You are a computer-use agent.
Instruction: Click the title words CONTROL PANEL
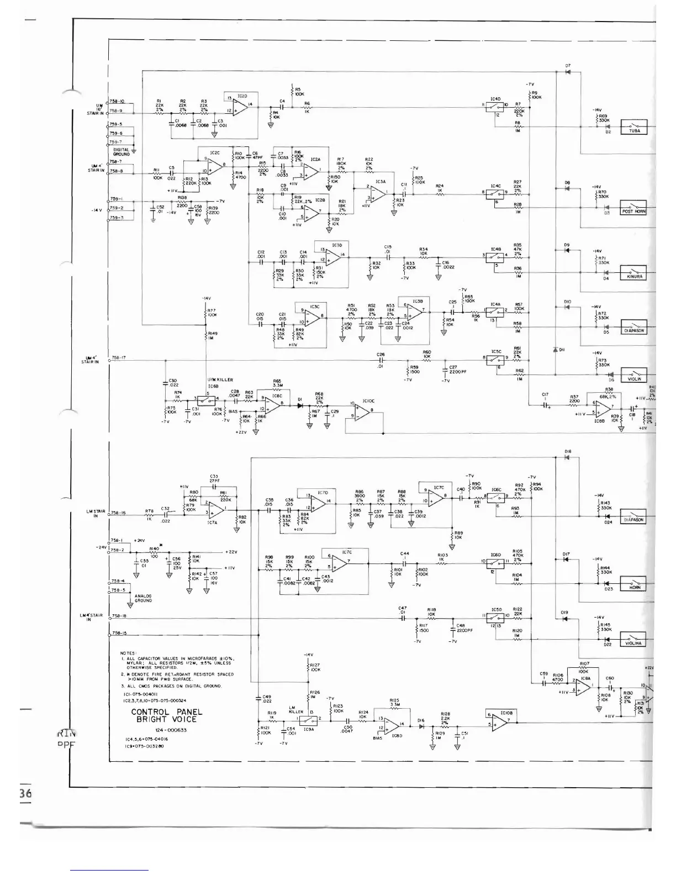[x=167, y=712]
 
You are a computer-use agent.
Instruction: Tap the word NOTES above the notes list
[x=129, y=653]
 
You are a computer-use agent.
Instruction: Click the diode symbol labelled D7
[x=567, y=72]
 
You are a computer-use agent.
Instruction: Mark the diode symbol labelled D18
[x=567, y=457]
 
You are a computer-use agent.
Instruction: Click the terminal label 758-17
[x=119, y=358]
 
